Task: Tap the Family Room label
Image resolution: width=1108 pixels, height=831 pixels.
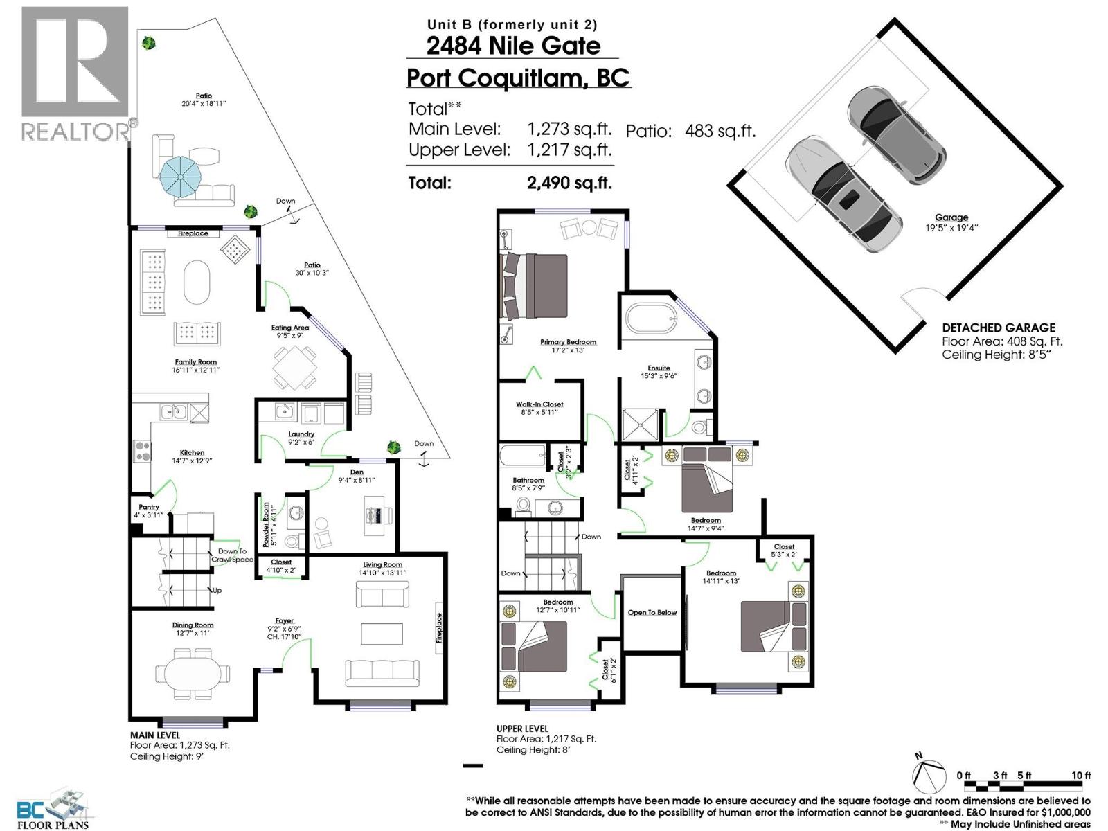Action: pyautogui.click(x=195, y=362)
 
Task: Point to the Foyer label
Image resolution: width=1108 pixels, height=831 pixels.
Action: pyautogui.click(x=284, y=621)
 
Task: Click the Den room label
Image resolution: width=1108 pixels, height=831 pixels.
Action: pyautogui.click(x=357, y=472)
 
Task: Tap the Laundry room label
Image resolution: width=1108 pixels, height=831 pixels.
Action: pyautogui.click(x=301, y=434)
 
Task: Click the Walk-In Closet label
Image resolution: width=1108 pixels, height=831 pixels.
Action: pyautogui.click(x=539, y=404)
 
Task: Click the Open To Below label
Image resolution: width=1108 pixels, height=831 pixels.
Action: pyautogui.click(x=652, y=613)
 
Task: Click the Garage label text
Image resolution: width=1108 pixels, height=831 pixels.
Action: pyautogui.click(x=951, y=217)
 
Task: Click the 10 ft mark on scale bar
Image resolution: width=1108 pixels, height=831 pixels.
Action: pyautogui.click(x=1080, y=776)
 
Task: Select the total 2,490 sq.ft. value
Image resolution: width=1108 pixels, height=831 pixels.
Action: pyautogui.click(x=569, y=183)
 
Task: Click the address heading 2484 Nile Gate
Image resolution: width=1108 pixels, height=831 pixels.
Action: pyautogui.click(x=513, y=46)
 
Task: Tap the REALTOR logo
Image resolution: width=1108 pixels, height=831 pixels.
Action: pyautogui.click(x=75, y=73)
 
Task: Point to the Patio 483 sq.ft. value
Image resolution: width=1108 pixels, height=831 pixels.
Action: pyautogui.click(x=720, y=131)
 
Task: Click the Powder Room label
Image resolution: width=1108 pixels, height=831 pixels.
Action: pyautogui.click(x=266, y=525)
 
